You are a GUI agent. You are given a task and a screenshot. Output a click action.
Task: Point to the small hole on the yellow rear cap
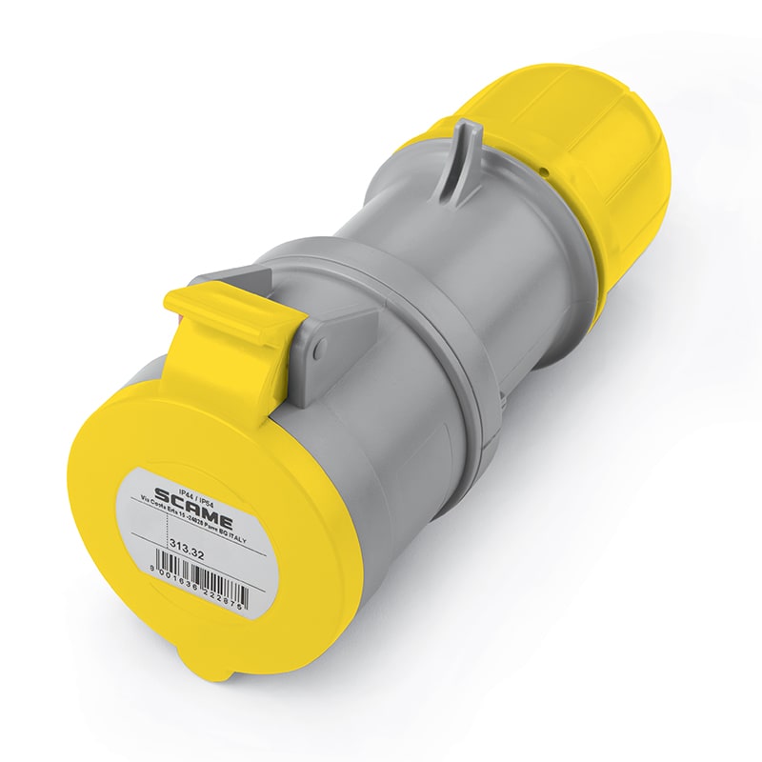click(x=546, y=170)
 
